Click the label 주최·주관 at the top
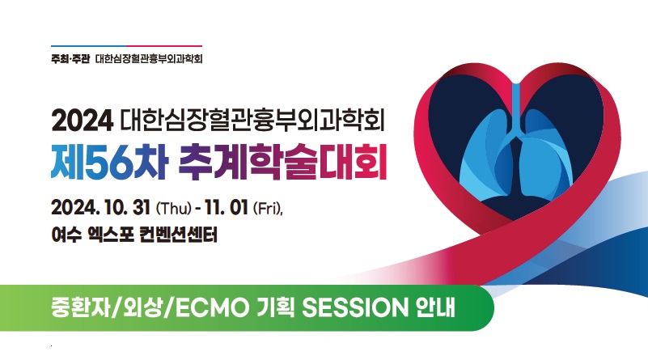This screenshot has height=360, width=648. coord(70,59)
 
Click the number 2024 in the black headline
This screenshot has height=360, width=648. coord(83,121)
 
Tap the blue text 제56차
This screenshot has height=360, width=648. coord(109,163)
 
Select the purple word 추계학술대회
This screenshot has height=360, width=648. coord(282,163)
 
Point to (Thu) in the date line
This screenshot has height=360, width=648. coord(173,207)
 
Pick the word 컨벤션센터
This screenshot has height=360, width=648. coord(179,235)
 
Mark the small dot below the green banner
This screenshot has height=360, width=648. coord(51,345)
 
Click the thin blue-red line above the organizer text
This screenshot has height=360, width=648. coord(126,46)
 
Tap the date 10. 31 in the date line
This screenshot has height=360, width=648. coord(127,207)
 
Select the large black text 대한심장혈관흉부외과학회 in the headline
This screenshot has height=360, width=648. coord(253,121)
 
